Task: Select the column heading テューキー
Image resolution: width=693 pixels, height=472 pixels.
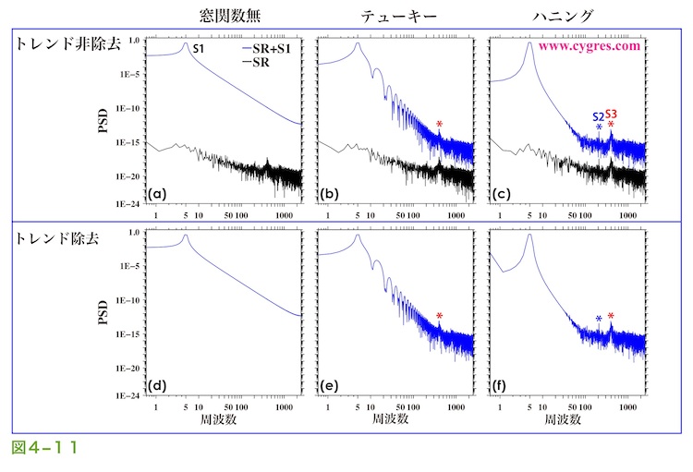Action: (391, 16)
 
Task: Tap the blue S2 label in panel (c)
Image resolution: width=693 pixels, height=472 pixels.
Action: (598, 117)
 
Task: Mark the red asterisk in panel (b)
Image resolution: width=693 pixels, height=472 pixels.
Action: (440, 125)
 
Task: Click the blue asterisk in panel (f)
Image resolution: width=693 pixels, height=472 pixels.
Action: (599, 320)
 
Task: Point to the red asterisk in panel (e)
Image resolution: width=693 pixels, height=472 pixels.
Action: (440, 317)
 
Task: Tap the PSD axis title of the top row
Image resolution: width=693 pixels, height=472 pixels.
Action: (103, 122)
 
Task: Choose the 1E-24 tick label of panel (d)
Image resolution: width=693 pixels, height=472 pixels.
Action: (128, 394)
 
